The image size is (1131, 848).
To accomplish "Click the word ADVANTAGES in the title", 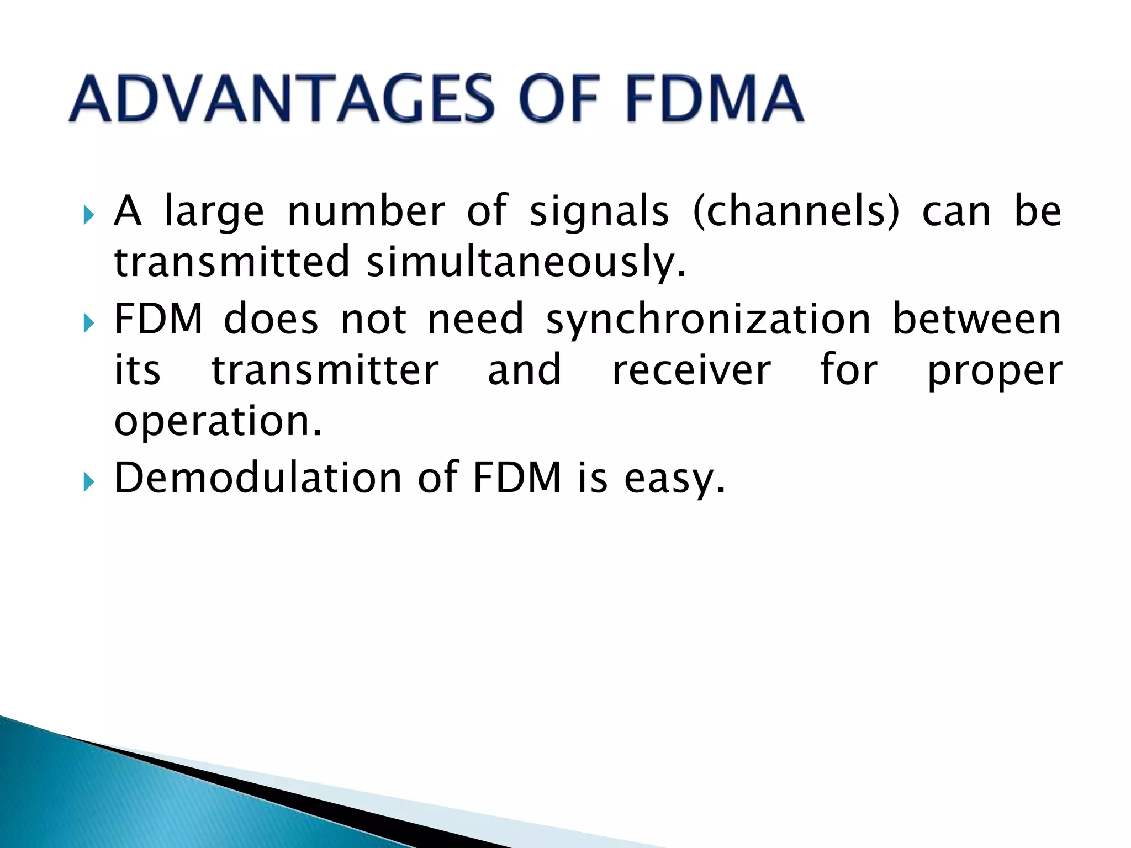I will pos(282,99).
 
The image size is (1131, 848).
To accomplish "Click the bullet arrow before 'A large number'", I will pos(88,214).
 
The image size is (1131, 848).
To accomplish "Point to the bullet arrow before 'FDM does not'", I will pos(88,322).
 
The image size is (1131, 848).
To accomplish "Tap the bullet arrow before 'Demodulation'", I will pos(88,481).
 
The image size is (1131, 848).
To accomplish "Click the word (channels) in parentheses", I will pos(795,211).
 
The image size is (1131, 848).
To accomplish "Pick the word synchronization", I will pos(708,320).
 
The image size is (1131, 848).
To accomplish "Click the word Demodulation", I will pos(257,477).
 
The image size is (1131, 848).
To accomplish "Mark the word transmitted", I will pos(232,262).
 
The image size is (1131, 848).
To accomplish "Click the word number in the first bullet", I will pos(366,211).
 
